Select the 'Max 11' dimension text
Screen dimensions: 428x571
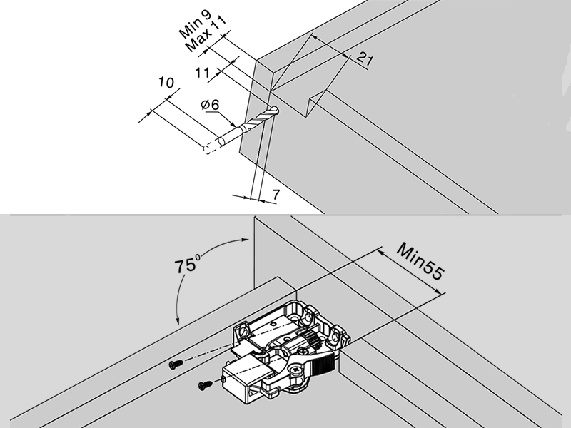(206, 33)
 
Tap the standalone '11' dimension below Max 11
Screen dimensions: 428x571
(203, 72)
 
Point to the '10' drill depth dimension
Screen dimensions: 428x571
(166, 83)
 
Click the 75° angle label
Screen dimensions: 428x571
(188, 267)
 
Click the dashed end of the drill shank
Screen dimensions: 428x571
(209, 148)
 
